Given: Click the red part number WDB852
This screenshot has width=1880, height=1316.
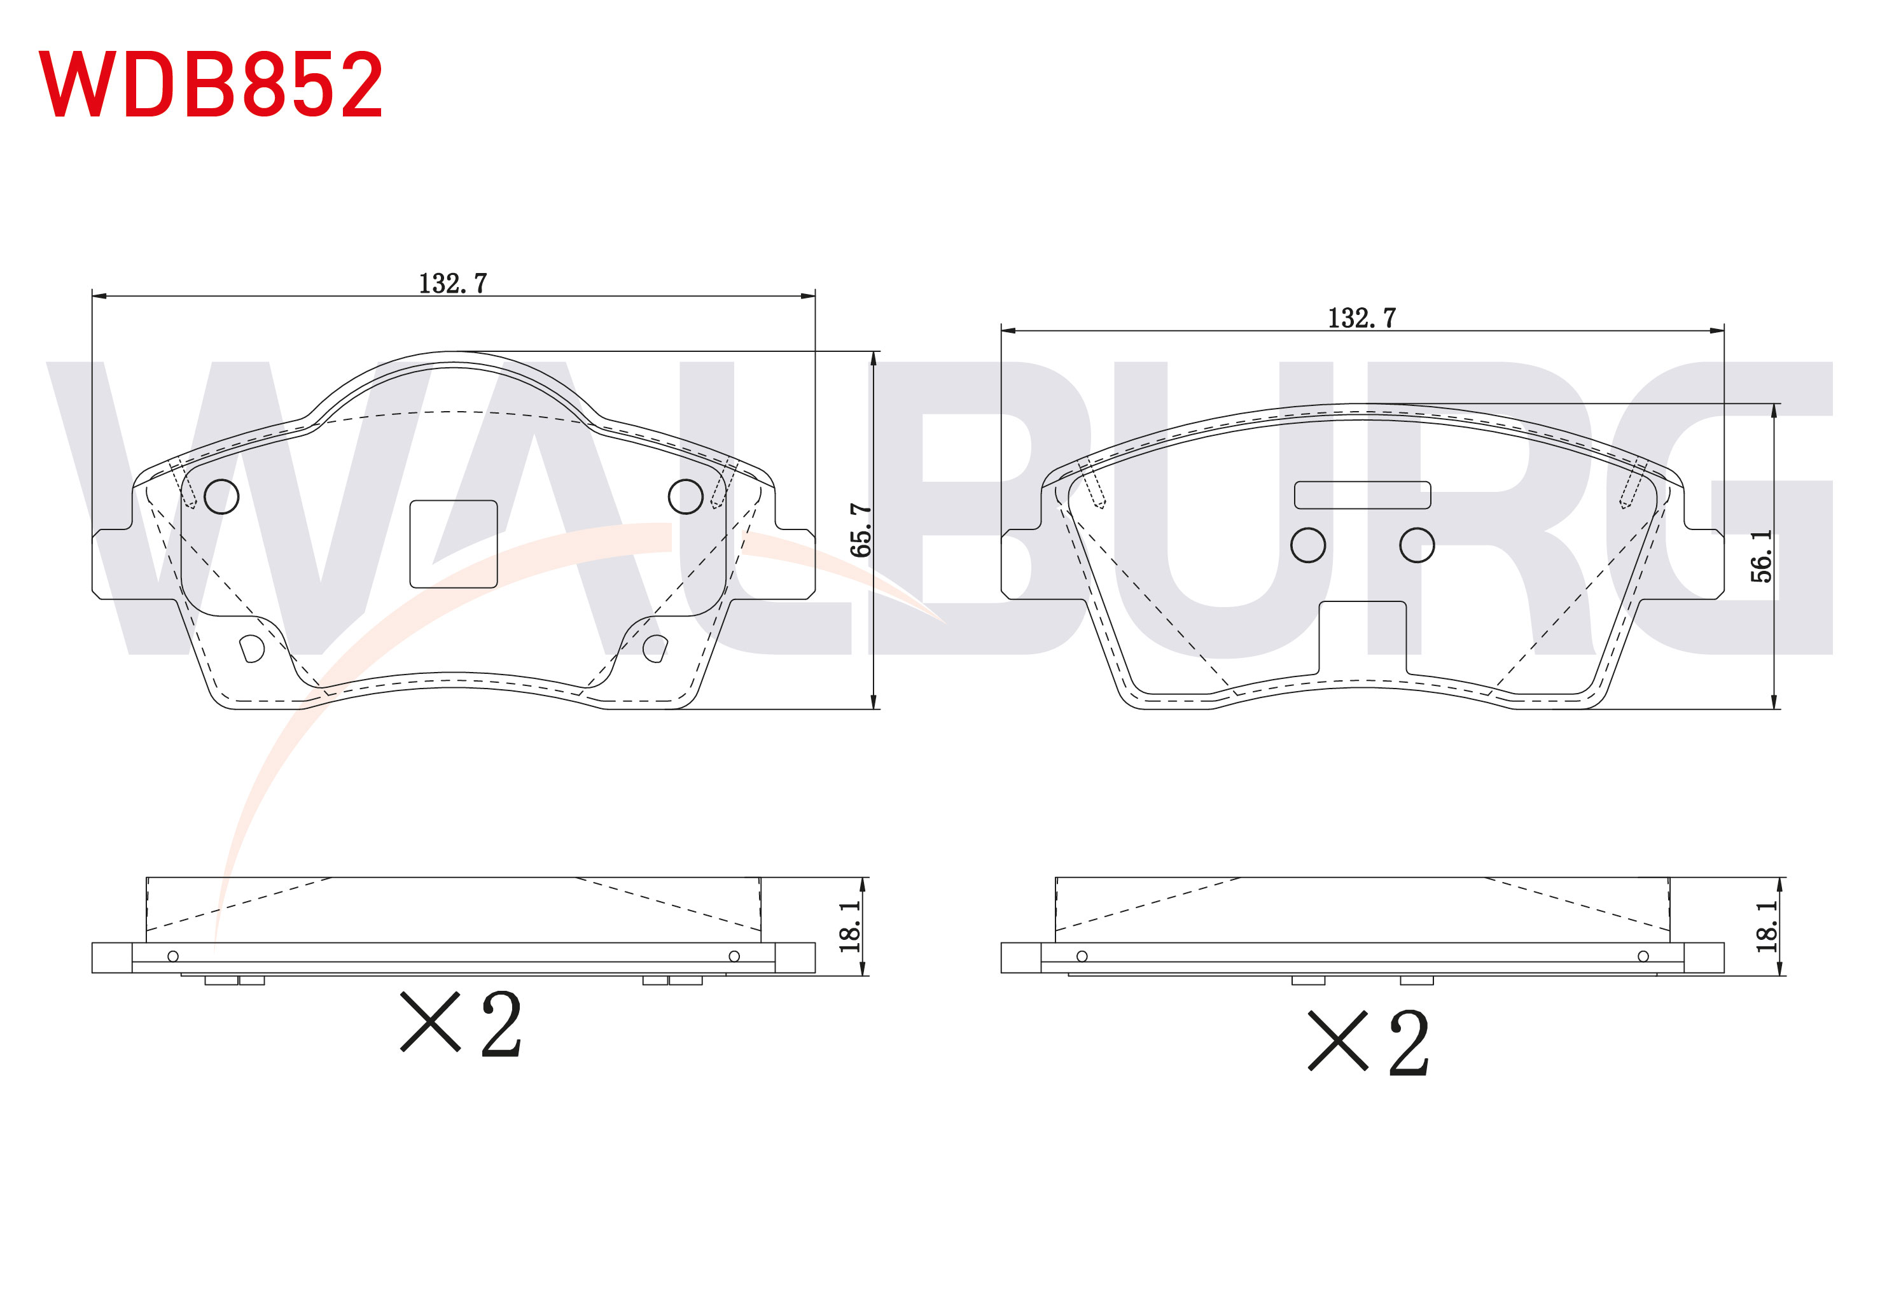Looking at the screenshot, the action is (211, 83).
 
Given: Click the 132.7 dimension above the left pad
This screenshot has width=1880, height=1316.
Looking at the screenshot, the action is (453, 283).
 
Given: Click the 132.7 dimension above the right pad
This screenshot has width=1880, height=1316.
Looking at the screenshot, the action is (1361, 318).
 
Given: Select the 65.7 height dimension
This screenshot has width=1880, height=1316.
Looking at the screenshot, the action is (861, 530).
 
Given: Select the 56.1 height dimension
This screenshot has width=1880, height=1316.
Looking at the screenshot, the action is (1761, 556).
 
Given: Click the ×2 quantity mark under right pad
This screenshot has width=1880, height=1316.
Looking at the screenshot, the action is (1369, 1042).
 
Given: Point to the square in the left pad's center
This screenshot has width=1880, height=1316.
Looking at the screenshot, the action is (454, 543).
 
